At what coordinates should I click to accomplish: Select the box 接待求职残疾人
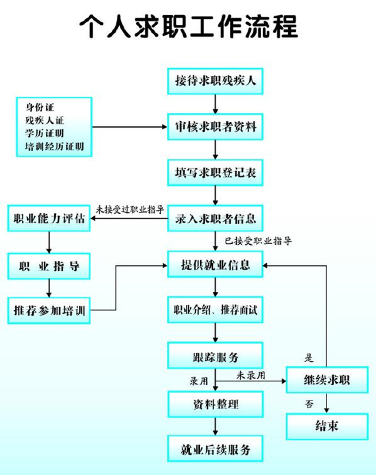pyautogui.click(x=215, y=81)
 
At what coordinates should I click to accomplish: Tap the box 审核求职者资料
pyautogui.click(x=215, y=127)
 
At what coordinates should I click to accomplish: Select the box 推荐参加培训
pyautogui.click(x=49, y=311)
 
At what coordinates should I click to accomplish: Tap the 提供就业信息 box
pyautogui.click(x=215, y=264)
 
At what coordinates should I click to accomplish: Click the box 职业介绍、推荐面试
pyautogui.click(x=215, y=310)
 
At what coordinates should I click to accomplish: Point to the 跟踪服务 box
pyautogui.click(x=215, y=356)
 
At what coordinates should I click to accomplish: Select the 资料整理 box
pyautogui.click(x=215, y=404)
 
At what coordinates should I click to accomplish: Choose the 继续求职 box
pyautogui.click(x=326, y=380)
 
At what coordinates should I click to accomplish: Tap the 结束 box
pyautogui.click(x=326, y=426)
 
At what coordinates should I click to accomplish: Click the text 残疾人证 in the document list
pyautogui.click(x=45, y=119)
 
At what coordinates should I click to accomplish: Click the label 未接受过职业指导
pyautogui.click(x=130, y=209)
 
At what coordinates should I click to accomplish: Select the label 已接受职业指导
pyautogui.click(x=258, y=240)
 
